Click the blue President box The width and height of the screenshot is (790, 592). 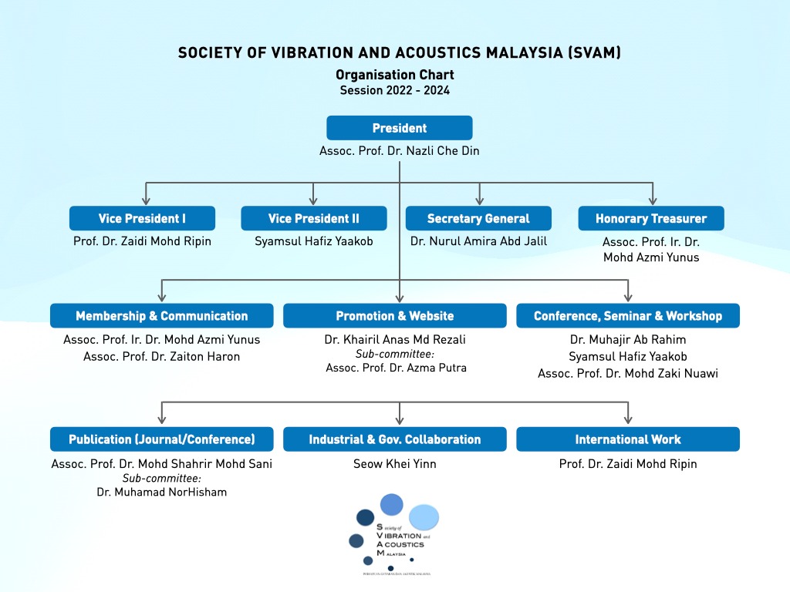399,128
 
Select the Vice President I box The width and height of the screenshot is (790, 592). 142,218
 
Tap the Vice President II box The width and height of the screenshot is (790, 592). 313,218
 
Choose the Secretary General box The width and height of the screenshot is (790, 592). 478,218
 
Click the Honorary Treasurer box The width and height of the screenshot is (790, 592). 651,218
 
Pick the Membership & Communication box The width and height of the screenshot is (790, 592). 162,316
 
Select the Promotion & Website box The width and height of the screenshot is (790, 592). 395,316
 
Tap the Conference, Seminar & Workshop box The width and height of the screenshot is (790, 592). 628,316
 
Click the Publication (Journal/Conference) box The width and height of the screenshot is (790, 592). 162,439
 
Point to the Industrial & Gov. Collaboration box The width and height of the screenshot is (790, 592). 395,439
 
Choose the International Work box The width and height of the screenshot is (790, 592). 628,439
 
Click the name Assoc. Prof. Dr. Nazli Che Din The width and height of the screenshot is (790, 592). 399,151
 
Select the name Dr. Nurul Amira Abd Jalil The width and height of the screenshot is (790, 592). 478,241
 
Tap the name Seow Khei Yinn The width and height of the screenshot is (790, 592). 395,464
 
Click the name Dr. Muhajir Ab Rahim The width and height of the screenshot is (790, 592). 628,339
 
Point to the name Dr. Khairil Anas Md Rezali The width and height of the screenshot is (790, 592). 395,339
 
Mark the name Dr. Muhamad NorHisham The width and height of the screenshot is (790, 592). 162,492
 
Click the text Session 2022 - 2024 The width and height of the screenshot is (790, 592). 395,90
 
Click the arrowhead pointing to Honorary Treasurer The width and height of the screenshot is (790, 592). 653,200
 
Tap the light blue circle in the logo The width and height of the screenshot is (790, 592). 424,517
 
